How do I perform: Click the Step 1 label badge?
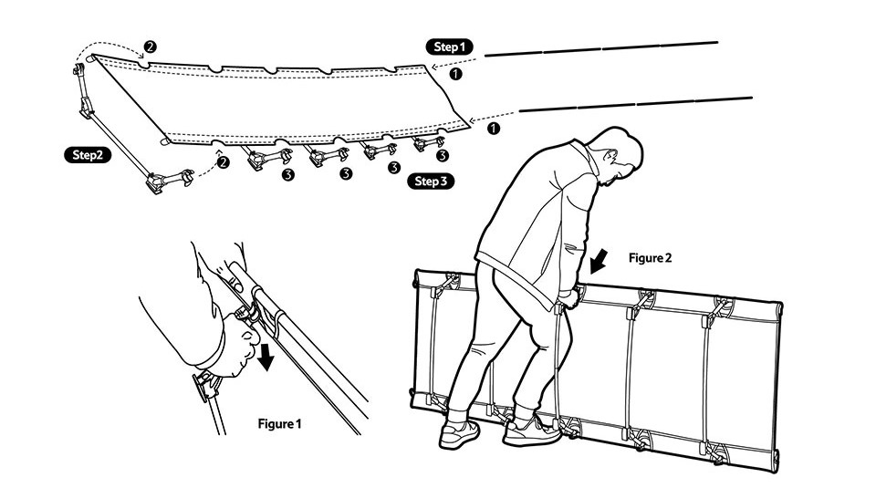pos(448,46)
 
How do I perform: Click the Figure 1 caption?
pos(279,423)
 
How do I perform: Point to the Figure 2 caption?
pos(650,258)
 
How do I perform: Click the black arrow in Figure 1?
pos(266,355)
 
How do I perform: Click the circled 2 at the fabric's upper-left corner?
pos(150,46)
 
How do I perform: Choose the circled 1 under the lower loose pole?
pos(494,129)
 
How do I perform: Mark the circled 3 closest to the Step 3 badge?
pos(442,155)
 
